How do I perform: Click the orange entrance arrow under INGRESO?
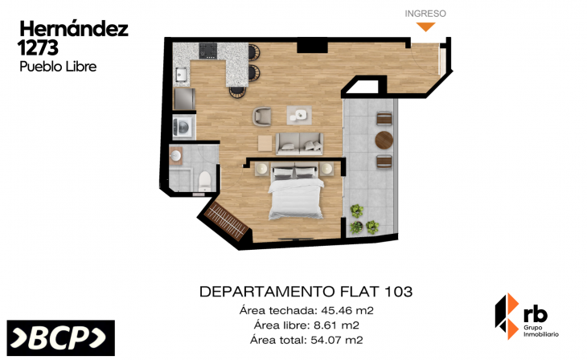425,27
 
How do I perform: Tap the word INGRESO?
425,13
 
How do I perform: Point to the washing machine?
183,126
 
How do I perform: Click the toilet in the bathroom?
204,178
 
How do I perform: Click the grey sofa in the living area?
299,143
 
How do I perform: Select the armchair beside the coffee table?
263,117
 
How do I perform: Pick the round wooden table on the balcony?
384,141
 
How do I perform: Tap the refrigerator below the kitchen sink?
184,98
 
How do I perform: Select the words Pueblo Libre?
57,67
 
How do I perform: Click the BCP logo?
60,338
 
